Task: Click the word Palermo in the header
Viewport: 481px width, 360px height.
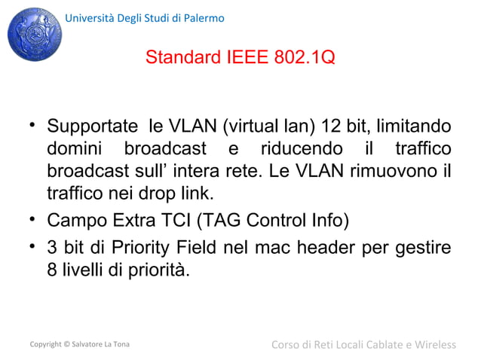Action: [x=204, y=18]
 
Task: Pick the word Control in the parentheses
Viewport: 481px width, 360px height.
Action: [x=287, y=222]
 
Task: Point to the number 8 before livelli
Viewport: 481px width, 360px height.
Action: [x=53, y=270]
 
